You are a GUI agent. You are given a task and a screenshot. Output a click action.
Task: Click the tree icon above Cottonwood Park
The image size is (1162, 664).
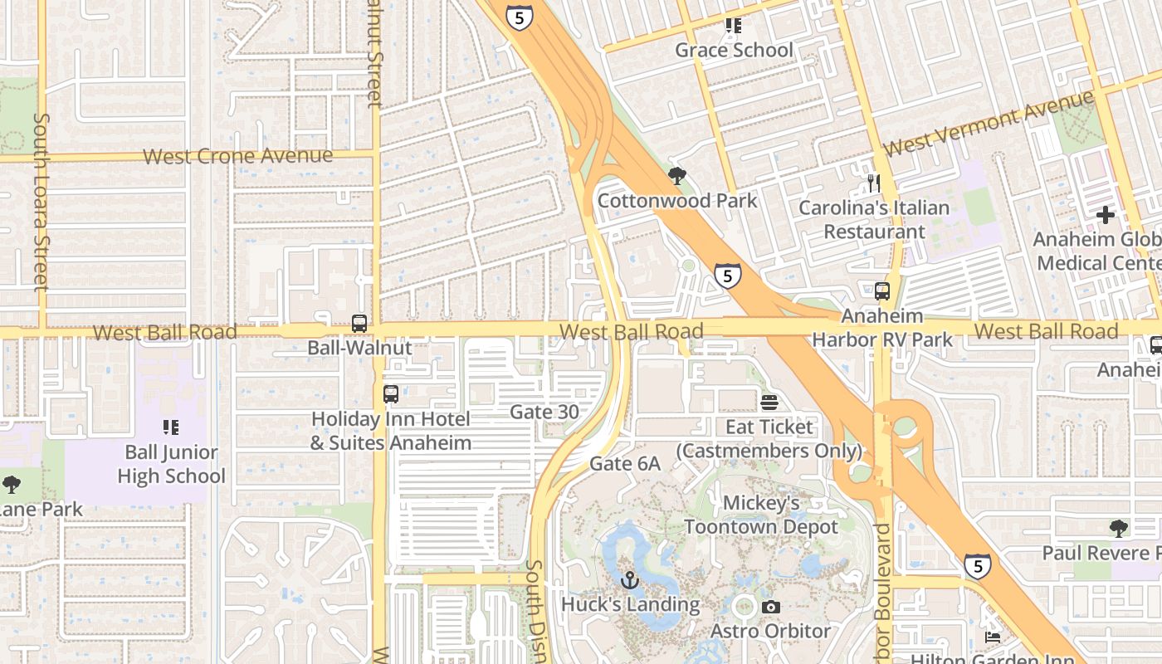677,176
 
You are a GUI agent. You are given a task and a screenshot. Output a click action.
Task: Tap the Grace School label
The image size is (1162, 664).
734,50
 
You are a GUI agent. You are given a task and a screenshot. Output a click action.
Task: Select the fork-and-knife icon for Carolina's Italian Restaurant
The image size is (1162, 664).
873,183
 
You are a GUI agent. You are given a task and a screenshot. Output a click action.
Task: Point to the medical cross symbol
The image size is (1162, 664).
1105,215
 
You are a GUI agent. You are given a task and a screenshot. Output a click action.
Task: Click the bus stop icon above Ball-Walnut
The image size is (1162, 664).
359,324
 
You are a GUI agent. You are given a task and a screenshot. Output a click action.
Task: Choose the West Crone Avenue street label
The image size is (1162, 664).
237,156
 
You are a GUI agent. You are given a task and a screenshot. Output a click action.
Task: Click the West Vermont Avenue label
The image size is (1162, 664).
989,122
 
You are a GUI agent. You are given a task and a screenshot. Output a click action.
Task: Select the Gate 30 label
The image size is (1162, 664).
544,412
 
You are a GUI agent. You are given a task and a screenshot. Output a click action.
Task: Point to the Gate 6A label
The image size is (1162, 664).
625,464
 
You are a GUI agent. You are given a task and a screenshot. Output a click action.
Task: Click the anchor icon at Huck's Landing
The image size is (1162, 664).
628,580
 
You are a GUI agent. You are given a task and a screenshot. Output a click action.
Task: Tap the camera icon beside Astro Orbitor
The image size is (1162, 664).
770,608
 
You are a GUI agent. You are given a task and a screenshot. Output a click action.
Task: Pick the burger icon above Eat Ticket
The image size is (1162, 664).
769,403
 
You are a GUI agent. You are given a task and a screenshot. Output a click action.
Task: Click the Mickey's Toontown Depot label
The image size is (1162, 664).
761,515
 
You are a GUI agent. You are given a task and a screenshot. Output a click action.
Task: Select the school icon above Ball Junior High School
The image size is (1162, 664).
171,427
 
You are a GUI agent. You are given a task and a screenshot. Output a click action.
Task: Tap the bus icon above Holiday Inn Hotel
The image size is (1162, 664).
391,394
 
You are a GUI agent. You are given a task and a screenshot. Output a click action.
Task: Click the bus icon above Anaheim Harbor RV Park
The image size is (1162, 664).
882,291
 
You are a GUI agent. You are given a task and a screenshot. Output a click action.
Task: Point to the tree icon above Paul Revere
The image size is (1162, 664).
1118,528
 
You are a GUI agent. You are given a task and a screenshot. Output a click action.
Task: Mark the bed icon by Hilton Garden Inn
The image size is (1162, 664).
993,637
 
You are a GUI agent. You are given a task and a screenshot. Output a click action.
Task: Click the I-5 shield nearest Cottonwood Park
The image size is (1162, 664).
727,276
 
